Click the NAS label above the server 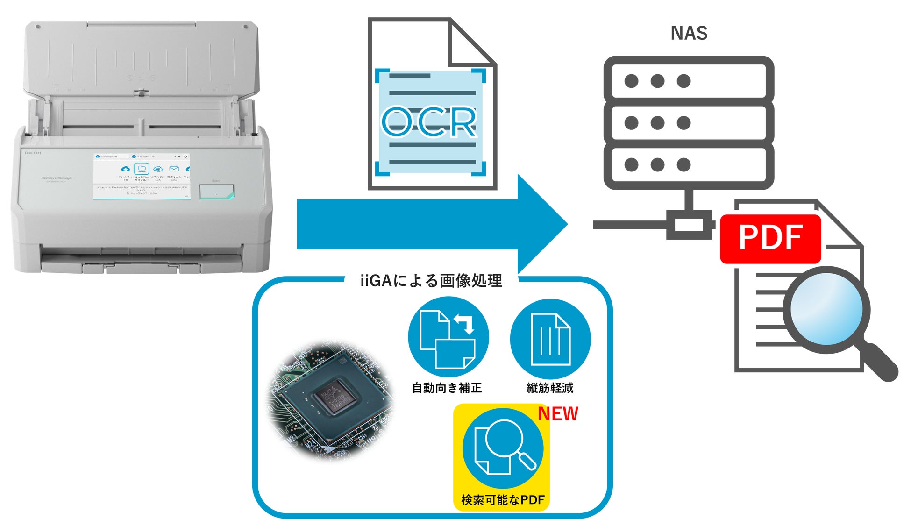(689, 33)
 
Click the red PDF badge (770, 238)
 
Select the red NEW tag (558, 414)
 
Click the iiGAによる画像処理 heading (431, 281)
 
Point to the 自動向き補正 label (447, 388)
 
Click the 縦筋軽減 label (550, 388)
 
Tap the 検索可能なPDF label (503, 500)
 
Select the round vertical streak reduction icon (550, 339)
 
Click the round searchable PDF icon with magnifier (503, 448)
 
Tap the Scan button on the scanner (217, 192)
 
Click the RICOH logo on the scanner (33, 153)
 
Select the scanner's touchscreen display (142, 176)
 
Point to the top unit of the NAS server (689, 80)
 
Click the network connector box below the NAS (689, 225)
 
